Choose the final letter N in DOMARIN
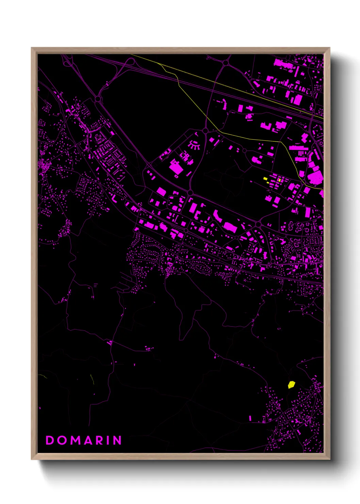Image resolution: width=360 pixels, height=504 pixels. pos(117,440)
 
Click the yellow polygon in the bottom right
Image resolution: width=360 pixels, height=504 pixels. pos(291,385)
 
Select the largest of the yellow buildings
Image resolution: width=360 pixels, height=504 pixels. pos(265,178)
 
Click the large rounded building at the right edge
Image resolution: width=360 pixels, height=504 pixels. pos(315,177)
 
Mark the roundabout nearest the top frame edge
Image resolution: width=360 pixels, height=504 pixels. pos(226,63)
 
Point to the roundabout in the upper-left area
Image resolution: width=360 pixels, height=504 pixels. pos(98,99)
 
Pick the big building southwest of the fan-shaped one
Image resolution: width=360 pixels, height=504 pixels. pos(176,168)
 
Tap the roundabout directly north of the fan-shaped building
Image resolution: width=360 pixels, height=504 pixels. pos(205,130)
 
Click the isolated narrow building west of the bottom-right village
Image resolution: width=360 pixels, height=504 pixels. pos(250,418)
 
